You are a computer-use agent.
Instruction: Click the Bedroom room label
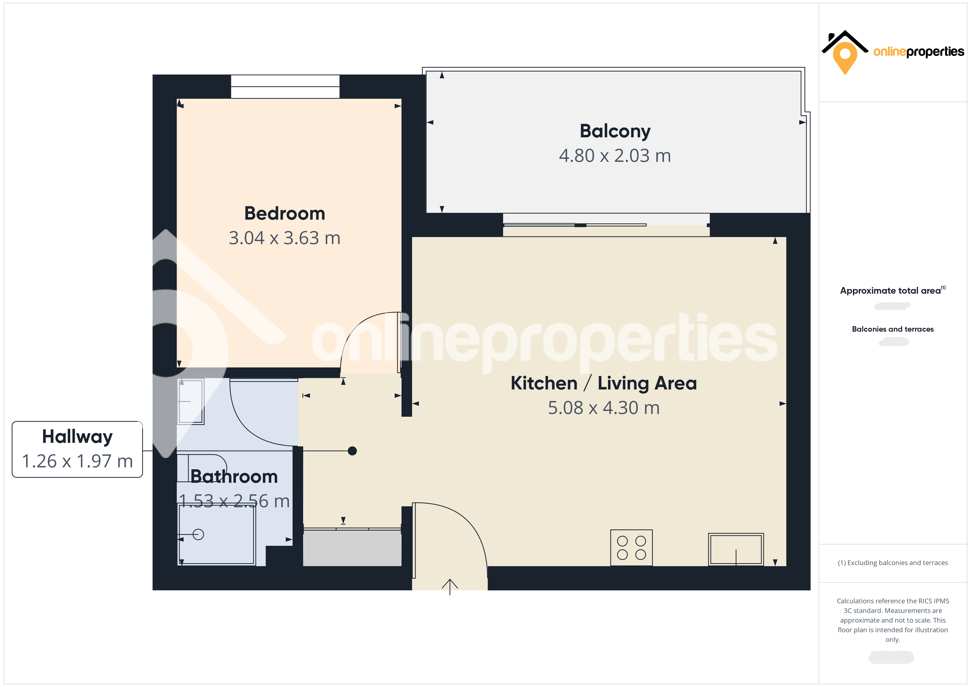click(x=285, y=213)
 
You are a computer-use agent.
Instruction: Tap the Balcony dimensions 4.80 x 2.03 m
click(x=615, y=156)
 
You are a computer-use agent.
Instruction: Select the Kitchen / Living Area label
click(x=604, y=383)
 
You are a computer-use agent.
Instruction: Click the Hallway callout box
click(x=77, y=449)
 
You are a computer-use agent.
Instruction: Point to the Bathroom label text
click(x=234, y=477)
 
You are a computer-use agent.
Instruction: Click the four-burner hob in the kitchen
click(x=631, y=547)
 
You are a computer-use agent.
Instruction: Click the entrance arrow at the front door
click(x=449, y=586)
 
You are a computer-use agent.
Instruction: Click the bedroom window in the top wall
click(x=285, y=86)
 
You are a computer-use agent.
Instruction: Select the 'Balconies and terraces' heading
click(x=892, y=329)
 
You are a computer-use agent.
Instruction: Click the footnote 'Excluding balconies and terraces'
click(x=892, y=563)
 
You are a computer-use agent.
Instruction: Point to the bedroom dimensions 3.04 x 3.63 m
click(x=285, y=238)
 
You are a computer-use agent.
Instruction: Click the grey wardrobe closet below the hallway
click(x=352, y=547)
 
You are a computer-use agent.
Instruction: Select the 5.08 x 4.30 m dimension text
click(x=604, y=408)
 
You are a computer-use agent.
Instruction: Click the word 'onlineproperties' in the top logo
click(x=918, y=52)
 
